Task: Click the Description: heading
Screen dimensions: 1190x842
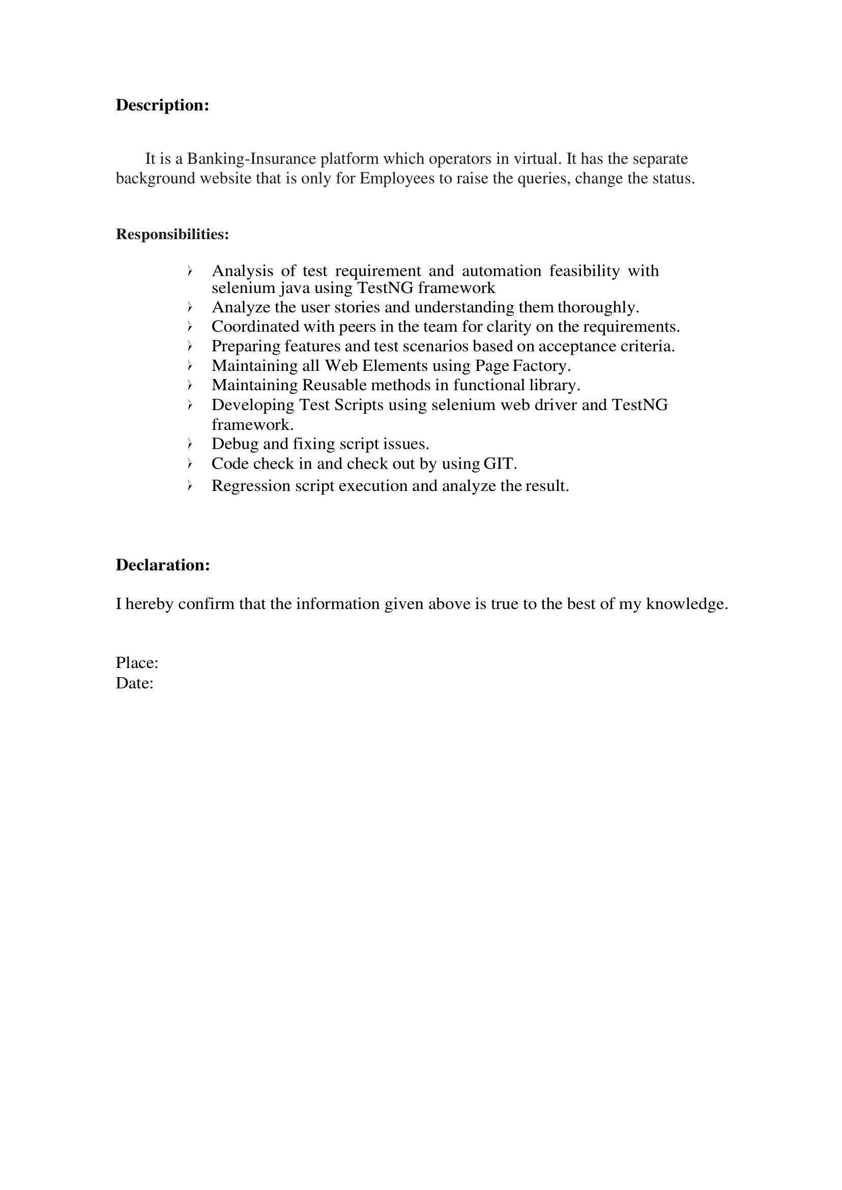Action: (162, 105)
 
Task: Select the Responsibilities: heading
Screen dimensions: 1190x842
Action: (172, 235)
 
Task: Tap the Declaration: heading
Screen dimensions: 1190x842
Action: (163, 565)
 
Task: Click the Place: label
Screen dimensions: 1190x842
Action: (137, 663)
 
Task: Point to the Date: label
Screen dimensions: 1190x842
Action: (134, 683)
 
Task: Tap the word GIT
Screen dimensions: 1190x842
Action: (500, 463)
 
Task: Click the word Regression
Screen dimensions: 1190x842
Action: (250, 486)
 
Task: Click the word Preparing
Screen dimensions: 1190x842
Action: (246, 346)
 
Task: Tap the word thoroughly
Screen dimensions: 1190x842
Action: (598, 307)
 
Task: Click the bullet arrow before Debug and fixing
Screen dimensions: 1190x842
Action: (190, 444)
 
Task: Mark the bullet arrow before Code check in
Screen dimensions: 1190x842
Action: (190, 463)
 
